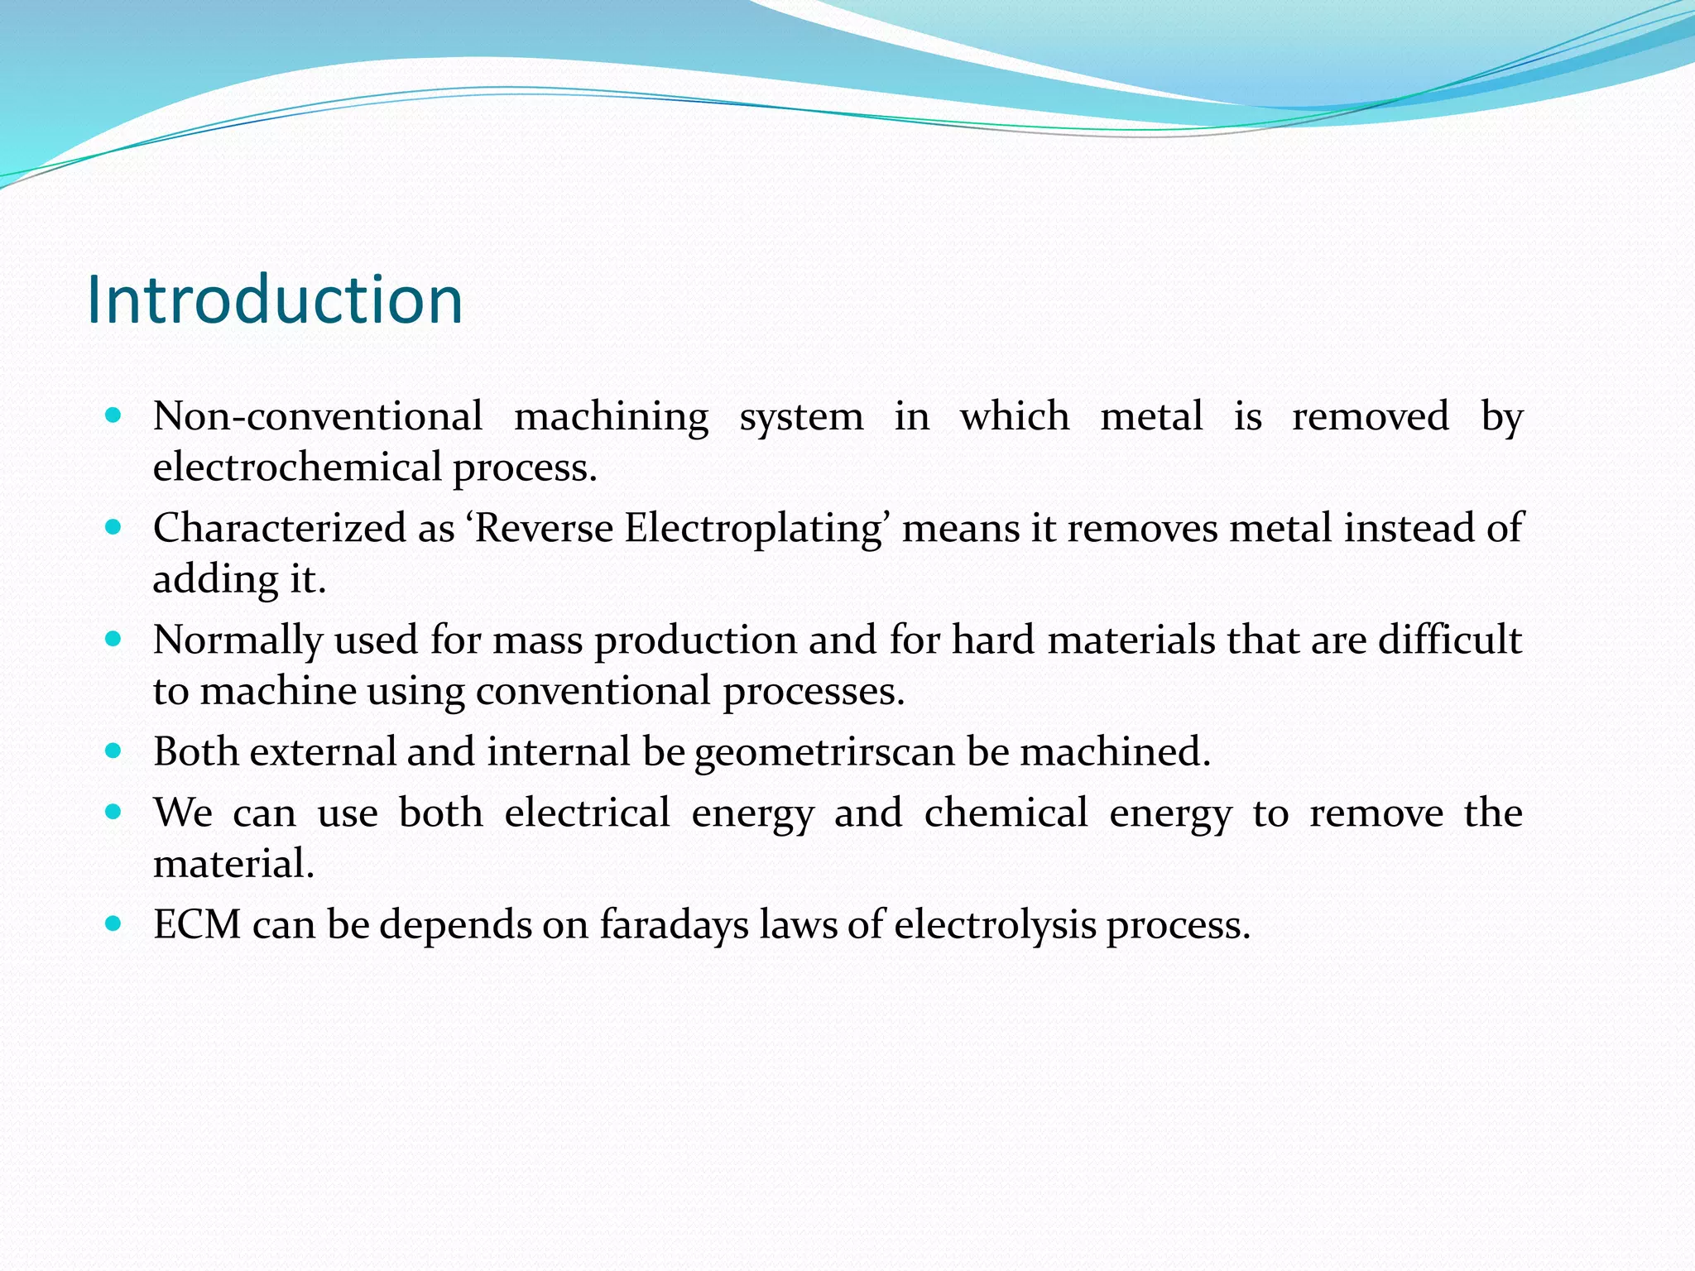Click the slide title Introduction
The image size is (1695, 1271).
pyautogui.click(x=274, y=300)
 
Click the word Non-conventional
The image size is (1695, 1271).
pyautogui.click(x=318, y=416)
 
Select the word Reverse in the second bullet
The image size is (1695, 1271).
pyautogui.click(x=544, y=528)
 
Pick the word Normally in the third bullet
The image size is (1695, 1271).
pyautogui.click(x=238, y=640)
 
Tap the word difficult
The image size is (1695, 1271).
pyautogui.click(x=1449, y=640)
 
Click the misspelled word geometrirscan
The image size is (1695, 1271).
pyautogui.click(x=824, y=752)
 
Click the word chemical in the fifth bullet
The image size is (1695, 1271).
pyautogui.click(x=1006, y=813)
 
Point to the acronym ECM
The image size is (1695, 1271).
pyautogui.click(x=197, y=924)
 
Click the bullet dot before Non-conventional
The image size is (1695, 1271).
pyautogui.click(x=114, y=415)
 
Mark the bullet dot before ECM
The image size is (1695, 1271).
pyautogui.click(x=114, y=923)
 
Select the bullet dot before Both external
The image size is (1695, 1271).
pyautogui.click(x=114, y=751)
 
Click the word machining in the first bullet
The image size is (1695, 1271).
pyautogui.click(x=611, y=416)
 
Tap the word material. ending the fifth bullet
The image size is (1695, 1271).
pyautogui.click(x=233, y=864)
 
